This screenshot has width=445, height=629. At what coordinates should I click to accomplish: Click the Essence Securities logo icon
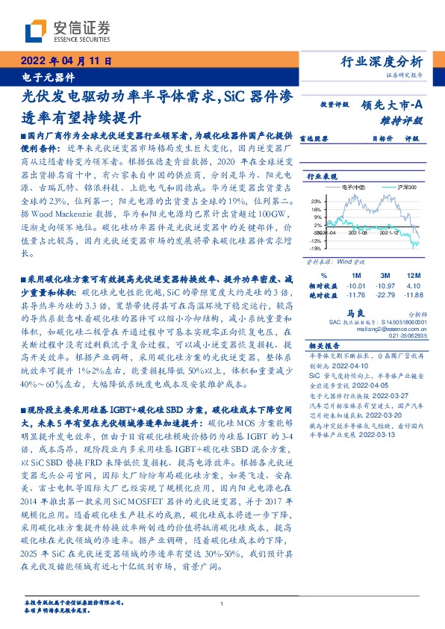pos(34,29)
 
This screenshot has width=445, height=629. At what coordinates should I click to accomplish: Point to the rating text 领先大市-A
pos(395,105)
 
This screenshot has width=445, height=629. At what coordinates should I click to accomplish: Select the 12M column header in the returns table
pos(414,276)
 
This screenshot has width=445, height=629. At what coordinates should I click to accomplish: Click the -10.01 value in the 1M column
pos(356,285)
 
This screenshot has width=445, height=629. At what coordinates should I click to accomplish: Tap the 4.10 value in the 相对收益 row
pos(414,285)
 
